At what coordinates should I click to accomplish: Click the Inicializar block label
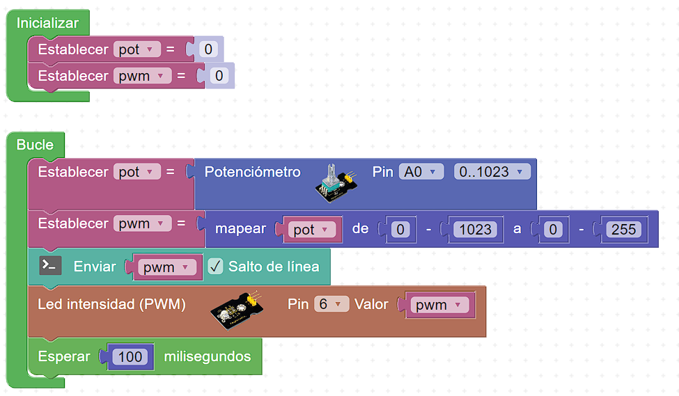[47, 23]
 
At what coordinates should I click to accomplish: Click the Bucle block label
[35, 145]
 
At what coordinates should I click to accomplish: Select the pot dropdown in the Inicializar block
[136, 49]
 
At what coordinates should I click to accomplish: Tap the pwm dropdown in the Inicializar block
[142, 76]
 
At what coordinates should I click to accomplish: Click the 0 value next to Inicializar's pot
[208, 49]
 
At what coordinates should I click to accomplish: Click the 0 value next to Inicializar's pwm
[219, 76]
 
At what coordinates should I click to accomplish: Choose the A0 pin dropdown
[421, 171]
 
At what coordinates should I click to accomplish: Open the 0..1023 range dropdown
[492, 171]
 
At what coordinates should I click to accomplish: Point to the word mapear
[240, 228]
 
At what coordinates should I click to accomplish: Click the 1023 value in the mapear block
[476, 230]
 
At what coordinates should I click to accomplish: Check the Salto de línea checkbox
[215, 267]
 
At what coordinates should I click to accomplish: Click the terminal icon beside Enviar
[50, 265]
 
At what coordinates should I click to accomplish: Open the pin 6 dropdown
[331, 304]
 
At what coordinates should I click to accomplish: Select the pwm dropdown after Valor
[438, 305]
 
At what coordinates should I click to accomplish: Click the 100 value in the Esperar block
[130, 357]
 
